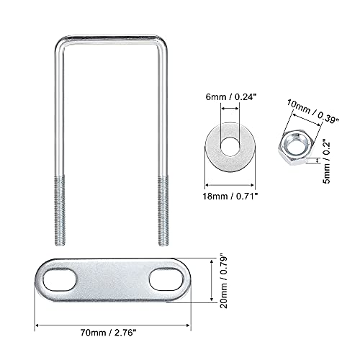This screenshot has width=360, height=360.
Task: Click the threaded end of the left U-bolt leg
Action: [x=59, y=209]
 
